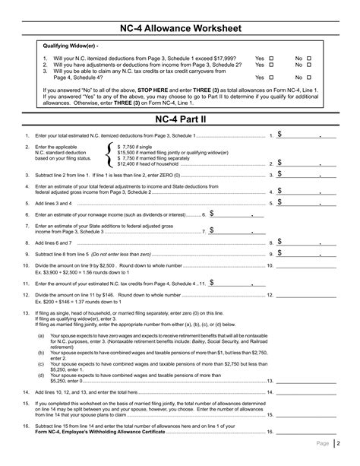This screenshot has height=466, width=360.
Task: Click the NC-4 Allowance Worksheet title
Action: pos(180,29)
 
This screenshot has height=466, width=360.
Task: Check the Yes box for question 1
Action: pos(271,58)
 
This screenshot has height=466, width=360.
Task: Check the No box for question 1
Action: pos(309,58)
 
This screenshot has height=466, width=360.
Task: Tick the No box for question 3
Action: pos(309,78)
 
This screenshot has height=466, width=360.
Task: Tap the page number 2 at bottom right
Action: pos(341,442)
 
